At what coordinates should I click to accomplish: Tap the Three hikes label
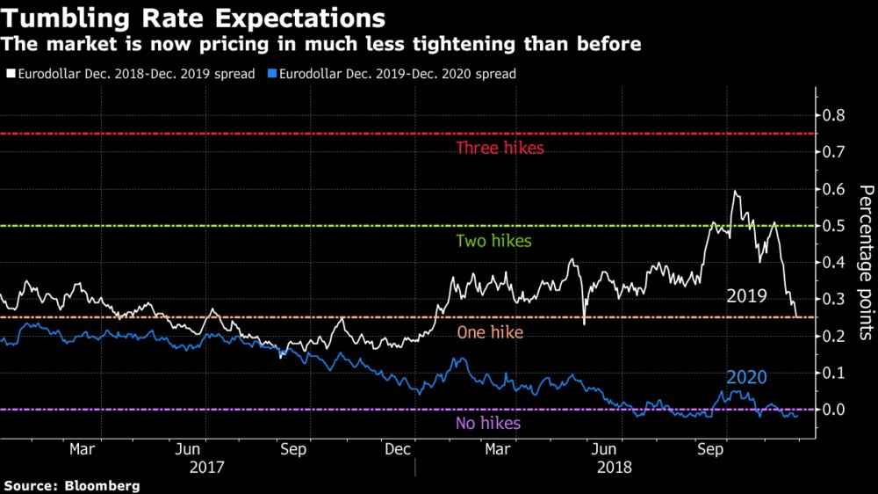pos(500,148)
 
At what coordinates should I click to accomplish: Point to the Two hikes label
pos(493,241)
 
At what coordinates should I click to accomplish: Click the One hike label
pos(489,333)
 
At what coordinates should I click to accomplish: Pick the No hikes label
pos(487,424)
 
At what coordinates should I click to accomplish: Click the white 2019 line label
pos(746,296)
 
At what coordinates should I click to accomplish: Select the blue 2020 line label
pos(746,378)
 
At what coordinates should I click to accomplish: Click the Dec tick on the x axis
pos(399,450)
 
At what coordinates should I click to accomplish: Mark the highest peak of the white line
pos(734,191)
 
